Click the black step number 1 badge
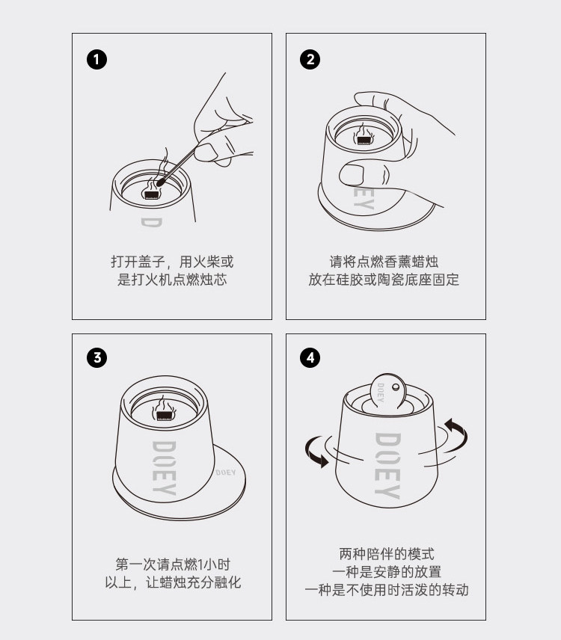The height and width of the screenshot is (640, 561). [96, 60]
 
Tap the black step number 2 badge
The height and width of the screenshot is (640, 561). [310, 60]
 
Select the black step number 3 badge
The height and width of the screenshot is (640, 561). [96, 358]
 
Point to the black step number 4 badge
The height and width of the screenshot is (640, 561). [310, 358]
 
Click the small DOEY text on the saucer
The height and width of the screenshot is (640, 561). [226, 473]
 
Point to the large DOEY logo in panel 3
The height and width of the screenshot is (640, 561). [164, 468]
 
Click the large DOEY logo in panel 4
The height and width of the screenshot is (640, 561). [387, 466]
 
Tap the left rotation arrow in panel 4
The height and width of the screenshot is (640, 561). [317, 452]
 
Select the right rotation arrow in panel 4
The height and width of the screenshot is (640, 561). [456, 434]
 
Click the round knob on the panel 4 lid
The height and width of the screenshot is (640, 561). [396, 387]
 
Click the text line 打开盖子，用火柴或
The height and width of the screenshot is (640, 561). [172, 262]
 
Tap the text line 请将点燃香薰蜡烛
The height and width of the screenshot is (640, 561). [384, 261]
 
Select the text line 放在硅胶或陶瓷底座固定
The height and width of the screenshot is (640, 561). [384, 280]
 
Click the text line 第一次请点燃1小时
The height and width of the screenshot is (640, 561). [173, 564]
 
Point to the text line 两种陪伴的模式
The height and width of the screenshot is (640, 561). [387, 554]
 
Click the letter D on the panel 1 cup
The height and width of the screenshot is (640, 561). [152, 223]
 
